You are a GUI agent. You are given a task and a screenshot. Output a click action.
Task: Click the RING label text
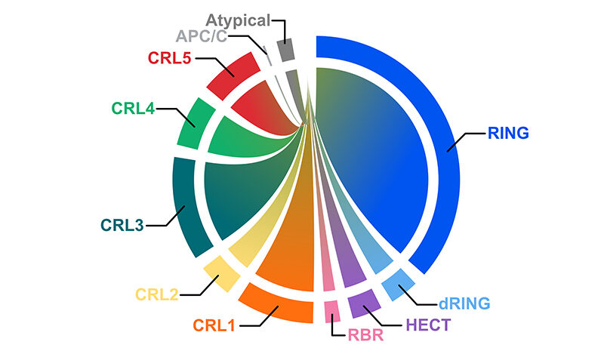click(508, 133)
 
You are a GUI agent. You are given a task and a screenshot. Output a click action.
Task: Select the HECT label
click(428, 325)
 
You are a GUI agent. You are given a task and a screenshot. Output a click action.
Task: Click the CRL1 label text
click(214, 326)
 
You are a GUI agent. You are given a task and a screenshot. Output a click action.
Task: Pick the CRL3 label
click(122, 225)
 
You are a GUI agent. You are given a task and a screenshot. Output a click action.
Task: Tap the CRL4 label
click(133, 108)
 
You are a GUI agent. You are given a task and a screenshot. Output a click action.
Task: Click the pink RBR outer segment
click(331, 310)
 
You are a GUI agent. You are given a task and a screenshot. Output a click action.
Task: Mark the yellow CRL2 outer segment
click(217, 270)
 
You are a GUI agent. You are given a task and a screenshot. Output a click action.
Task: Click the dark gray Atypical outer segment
click(286, 51)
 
